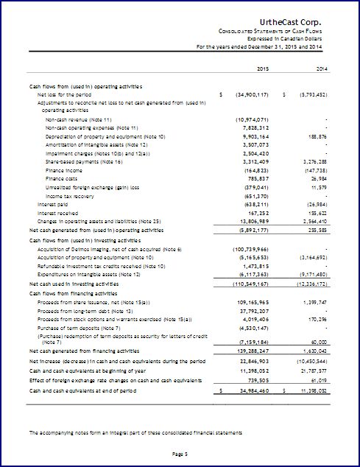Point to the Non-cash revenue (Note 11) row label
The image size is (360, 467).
pyautogui.click(x=78, y=119)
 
